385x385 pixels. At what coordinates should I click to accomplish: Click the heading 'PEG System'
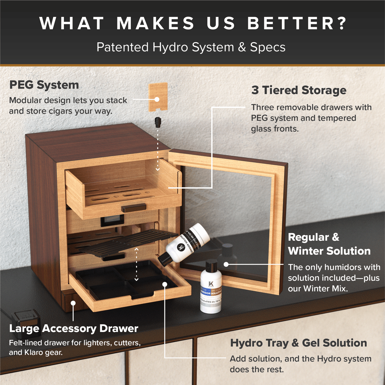(44, 85)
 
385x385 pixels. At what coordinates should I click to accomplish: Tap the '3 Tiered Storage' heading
(299, 90)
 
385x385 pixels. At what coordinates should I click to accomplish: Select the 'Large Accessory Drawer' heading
(74, 329)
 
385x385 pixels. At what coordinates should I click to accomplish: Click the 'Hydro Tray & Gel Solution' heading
(298, 343)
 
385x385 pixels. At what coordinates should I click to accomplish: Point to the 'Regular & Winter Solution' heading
(329, 244)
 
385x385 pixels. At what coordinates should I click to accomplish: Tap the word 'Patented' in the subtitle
(123, 47)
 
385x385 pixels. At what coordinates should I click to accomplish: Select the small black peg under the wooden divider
(158, 122)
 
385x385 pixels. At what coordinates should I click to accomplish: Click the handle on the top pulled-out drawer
(133, 208)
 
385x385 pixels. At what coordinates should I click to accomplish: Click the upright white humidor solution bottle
(211, 289)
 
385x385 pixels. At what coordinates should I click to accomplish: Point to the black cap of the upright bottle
(211, 265)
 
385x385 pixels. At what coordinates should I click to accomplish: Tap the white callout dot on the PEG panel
(157, 99)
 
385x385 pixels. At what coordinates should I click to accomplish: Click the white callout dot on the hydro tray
(165, 284)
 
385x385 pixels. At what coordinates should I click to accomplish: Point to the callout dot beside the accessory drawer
(73, 303)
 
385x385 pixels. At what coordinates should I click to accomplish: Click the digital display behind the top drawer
(112, 221)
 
